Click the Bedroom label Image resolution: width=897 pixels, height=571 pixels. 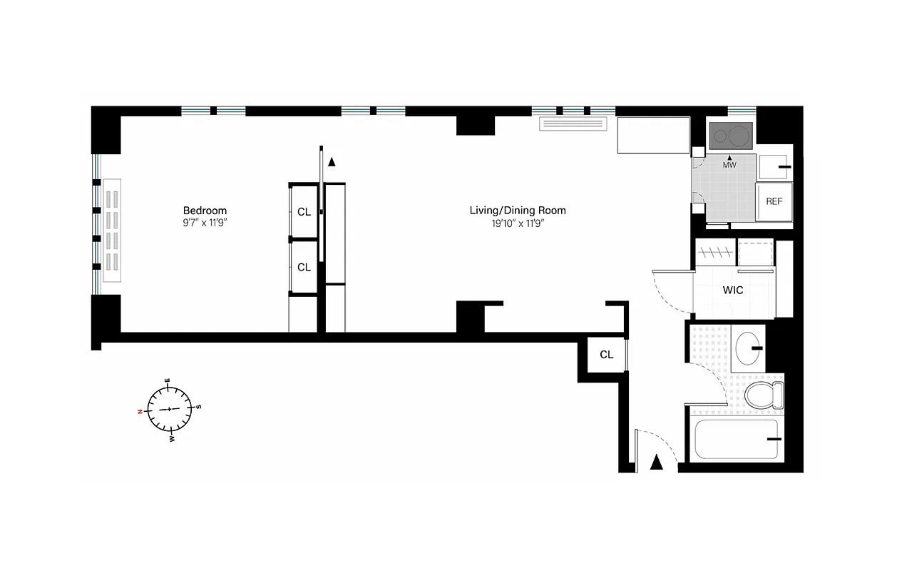(205, 210)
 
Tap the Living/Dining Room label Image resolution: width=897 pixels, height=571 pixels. (517, 210)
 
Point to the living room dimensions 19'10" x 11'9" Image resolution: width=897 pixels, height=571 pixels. (517, 223)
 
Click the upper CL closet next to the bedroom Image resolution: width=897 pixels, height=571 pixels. (304, 212)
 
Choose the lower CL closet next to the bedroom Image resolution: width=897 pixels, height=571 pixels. (304, 268)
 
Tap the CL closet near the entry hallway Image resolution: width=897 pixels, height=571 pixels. (606, 355)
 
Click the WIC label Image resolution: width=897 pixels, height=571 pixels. (733, 290)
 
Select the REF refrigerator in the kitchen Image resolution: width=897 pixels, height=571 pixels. (774, 201)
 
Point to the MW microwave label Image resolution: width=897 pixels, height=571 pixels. (729, 166)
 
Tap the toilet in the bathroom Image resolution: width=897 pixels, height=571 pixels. (763, 393)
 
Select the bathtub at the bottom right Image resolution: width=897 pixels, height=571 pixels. (737, 440)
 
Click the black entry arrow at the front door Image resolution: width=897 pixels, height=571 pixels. (657, 463)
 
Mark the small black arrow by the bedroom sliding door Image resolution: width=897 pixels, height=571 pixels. (332, 162)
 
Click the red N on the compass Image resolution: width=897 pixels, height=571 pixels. (141, 412)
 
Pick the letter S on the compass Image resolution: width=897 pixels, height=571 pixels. (199, 407)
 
